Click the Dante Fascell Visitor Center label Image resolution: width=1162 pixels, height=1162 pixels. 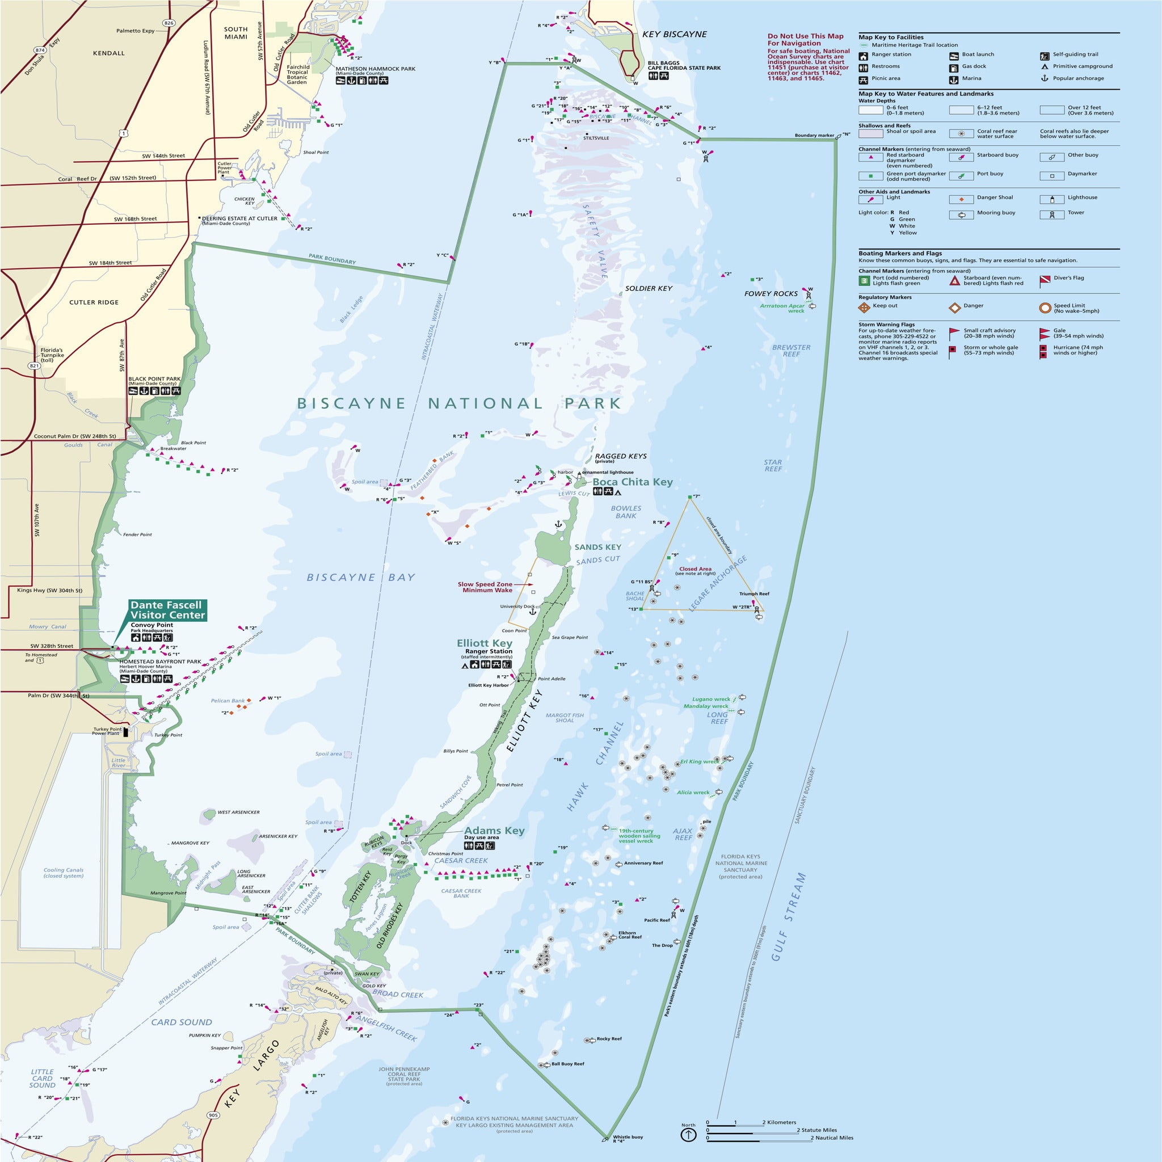167,610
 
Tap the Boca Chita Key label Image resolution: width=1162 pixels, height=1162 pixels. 632,482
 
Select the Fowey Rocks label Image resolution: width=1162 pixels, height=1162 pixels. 771,293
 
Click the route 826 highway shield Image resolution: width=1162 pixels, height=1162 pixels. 169,23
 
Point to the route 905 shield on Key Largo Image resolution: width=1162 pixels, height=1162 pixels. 213,1115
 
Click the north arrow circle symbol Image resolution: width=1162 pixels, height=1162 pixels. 688,1134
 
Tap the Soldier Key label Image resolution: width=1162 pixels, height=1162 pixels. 649,288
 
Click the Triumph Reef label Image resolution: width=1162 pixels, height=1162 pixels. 753,593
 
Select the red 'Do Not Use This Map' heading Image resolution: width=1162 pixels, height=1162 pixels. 805,40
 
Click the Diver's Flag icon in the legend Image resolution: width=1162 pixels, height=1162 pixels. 1045,281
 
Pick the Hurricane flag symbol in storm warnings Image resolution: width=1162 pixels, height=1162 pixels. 1043,351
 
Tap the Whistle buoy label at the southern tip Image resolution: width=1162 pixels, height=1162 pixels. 628,1136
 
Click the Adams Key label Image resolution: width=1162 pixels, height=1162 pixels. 494,831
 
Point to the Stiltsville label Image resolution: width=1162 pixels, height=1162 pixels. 595,138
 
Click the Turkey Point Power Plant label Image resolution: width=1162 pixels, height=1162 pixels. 107,731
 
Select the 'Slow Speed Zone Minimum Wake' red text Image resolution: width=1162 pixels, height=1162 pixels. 485,587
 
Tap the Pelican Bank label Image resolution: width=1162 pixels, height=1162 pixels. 228,701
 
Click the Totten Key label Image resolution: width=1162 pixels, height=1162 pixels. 360,885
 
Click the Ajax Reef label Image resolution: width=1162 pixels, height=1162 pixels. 683,834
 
